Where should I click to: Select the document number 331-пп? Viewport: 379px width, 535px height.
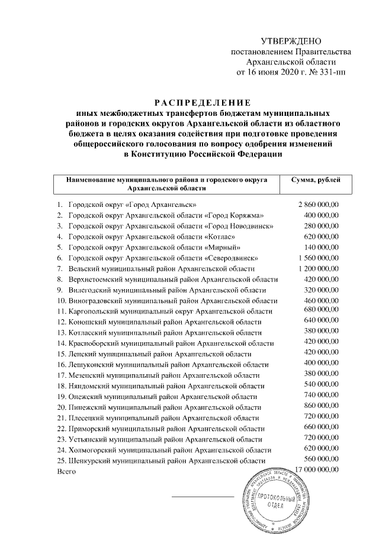tap(330, 73)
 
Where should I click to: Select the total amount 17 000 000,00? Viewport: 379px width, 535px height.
tap(316, 469)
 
